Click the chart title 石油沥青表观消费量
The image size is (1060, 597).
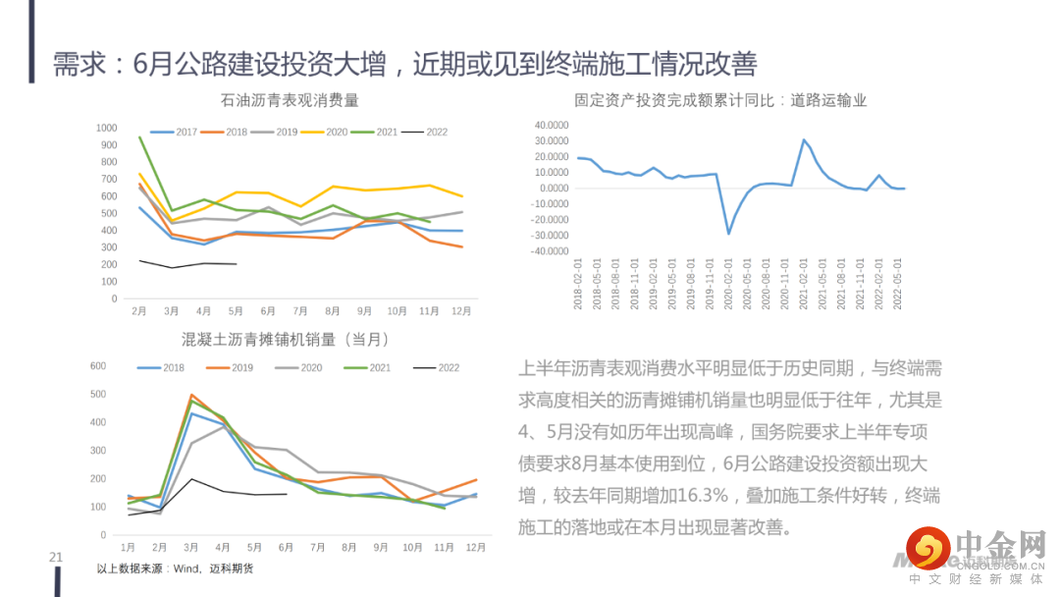289,100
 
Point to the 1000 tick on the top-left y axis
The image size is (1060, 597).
106,129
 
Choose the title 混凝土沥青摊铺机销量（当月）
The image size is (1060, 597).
286,340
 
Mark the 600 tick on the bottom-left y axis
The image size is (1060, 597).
98,366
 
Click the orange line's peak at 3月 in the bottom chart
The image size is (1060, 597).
191,395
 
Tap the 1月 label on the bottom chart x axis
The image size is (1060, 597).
128,547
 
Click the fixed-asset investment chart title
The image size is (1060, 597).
720,100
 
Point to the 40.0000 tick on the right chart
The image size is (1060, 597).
551,126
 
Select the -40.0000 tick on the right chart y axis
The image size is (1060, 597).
549,251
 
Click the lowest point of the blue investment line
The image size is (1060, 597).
728,233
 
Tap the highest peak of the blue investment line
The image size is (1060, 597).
804,139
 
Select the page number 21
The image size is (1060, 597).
56,558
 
